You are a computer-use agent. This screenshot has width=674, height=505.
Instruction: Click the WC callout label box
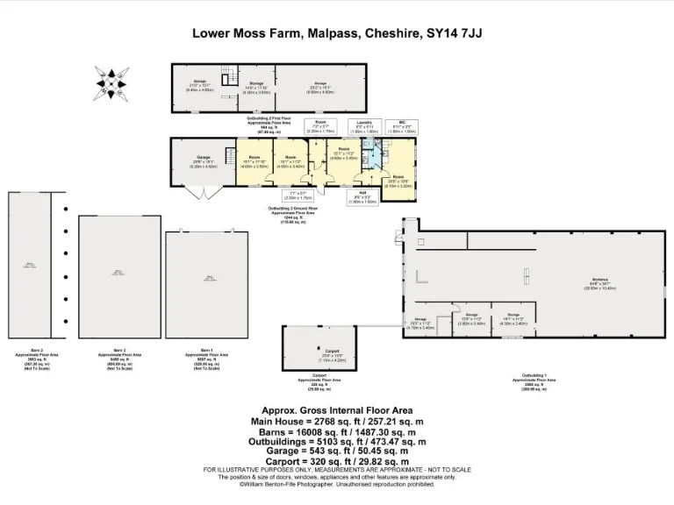[x=400, y=128]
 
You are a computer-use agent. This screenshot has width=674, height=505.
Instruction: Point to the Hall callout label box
[x=362, y=197]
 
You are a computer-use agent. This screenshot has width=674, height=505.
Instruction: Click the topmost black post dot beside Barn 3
[x=66, y=210]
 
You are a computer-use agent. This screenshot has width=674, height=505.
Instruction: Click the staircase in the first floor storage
[x=226, y=78]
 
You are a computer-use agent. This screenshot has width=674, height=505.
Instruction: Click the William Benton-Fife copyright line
[x=338, y=484]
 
